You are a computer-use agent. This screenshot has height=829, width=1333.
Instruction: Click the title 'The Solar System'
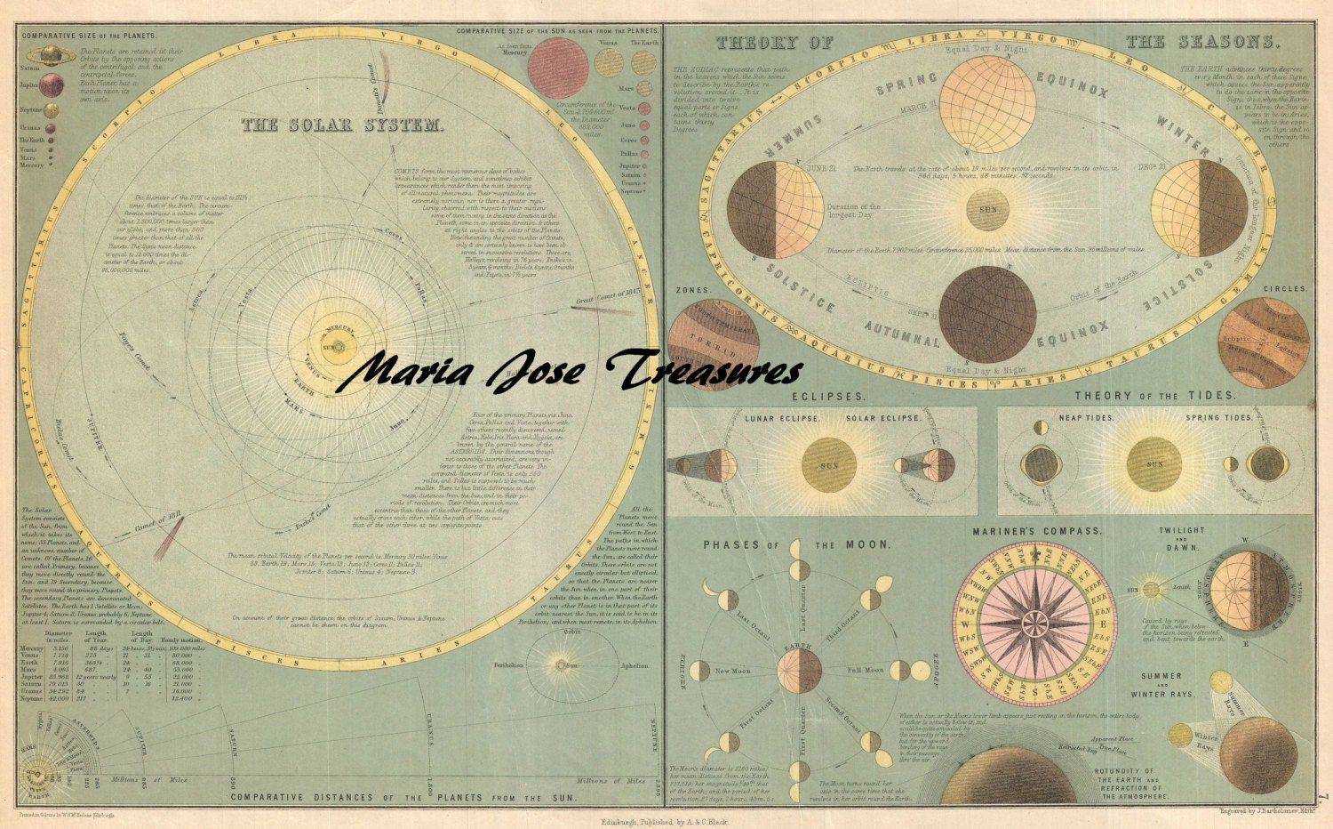pyautogui.click(x=343, y=125)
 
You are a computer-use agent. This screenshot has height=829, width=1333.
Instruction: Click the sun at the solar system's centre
pyautogui.click(x=331, y=347)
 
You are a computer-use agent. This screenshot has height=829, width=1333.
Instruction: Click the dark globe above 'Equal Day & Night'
pyautogui.click(x=987, y=314)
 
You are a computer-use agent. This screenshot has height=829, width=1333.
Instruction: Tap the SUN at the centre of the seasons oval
pyautogui.click(x=988, y=209)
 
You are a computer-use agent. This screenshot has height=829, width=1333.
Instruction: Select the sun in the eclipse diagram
pyautogui.click(x=828, y=464)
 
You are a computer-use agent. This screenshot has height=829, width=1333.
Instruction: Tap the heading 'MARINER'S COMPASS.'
pyautogui.click(x=1036, y=531)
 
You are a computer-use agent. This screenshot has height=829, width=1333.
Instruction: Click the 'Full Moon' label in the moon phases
pyautogui.click(x=865, y=670)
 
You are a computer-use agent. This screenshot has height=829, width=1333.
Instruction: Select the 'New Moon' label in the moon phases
pyautogui.click(x=733, y=670)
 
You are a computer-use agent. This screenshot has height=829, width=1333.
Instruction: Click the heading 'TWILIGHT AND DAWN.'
pyautogui.click(x=1181, y=537)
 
